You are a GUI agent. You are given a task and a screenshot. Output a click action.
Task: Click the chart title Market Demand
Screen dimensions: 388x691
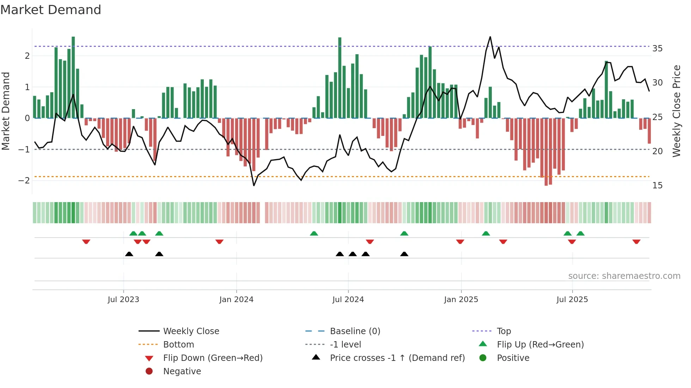51,10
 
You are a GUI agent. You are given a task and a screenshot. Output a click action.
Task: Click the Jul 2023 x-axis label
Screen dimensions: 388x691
123,300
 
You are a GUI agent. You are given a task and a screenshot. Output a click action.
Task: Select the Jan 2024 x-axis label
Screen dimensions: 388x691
236,300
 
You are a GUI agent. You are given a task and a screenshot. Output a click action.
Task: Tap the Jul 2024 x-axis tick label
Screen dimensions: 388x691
348,300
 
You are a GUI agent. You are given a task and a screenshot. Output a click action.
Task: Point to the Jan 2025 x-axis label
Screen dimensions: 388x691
461,300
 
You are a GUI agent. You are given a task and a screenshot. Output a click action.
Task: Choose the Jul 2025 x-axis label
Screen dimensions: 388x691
572,300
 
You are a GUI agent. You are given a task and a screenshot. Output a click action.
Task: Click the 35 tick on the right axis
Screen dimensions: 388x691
657,49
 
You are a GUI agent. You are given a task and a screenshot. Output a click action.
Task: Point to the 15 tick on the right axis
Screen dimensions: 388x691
657,186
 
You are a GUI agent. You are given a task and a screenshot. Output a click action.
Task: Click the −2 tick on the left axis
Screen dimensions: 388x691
24,181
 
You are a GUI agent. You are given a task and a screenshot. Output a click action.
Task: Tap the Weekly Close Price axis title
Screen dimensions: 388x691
676,111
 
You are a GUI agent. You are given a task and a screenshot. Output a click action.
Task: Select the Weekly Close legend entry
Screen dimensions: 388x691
191,331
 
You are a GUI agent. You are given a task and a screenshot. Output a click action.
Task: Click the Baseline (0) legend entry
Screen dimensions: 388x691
355,331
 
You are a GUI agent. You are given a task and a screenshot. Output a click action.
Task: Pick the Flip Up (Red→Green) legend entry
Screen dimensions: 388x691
540,345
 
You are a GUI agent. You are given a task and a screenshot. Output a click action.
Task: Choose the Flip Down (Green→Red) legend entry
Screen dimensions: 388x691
213,358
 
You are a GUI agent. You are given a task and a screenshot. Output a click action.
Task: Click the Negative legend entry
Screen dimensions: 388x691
182,371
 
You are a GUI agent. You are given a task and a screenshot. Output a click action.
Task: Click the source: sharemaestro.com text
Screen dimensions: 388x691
624,276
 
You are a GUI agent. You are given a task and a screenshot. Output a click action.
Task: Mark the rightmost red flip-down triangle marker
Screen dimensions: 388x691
636,242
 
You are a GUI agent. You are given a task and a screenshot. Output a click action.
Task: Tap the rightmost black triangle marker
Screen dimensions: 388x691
404,254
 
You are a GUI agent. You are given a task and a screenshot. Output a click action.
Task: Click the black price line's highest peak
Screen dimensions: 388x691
490,37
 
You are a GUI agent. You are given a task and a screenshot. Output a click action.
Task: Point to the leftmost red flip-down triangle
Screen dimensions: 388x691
86,242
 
